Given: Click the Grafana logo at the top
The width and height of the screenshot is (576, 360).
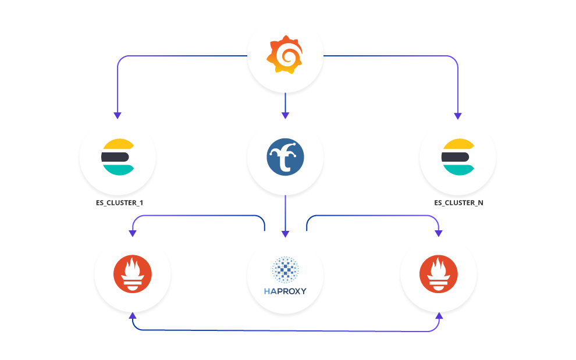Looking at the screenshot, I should click(285, 55).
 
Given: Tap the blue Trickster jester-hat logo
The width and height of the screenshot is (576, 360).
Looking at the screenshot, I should click(285, 156).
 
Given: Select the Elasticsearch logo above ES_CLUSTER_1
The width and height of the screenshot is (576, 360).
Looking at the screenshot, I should click(118, 157).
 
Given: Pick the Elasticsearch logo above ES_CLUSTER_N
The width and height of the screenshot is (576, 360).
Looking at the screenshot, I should click(458, 157).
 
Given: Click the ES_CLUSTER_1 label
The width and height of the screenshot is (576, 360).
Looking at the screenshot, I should click(118, 203).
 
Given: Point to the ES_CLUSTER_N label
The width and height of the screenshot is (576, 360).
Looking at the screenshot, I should click(458, 203).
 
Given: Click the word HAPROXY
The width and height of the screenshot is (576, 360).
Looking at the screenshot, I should click(285, 291).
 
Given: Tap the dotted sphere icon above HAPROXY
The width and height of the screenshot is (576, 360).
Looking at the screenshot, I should click(285, 270).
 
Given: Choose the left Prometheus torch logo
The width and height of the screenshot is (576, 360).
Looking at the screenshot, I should click(133, 273).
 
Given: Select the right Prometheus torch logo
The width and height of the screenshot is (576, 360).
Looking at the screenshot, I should click(439, 273).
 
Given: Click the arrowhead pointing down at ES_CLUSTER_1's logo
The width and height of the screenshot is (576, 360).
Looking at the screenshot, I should click(118, 115).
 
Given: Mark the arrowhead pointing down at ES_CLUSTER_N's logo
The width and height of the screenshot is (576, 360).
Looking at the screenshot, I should click(458, 115).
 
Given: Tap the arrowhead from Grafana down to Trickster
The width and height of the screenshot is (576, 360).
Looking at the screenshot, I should click(285, 115).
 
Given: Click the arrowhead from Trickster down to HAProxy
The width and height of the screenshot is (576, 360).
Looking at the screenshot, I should click(285, 233).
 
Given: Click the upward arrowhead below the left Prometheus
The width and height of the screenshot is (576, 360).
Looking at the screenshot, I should click(133, 315).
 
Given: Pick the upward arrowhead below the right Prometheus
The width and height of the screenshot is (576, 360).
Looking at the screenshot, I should click(439, 315).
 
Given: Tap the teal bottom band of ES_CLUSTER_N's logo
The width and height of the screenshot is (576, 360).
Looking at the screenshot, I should click(457, 169).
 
